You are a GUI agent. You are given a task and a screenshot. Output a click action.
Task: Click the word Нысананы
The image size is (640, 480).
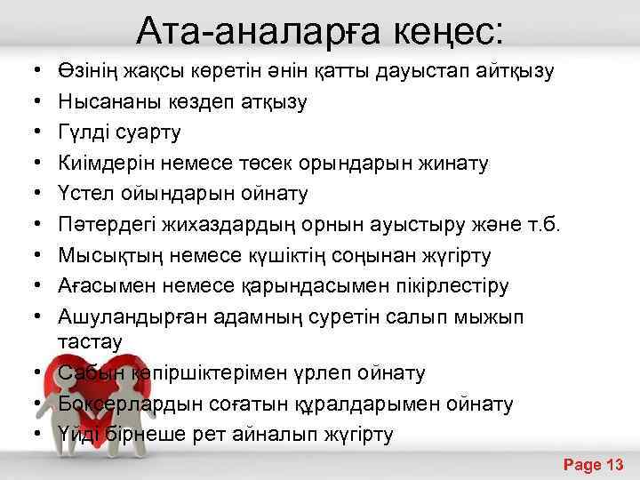pos(108,101)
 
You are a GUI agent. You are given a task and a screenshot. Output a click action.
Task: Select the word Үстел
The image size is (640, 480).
pos(83,193)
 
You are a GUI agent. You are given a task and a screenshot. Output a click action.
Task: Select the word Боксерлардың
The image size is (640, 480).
pos(134,404)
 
